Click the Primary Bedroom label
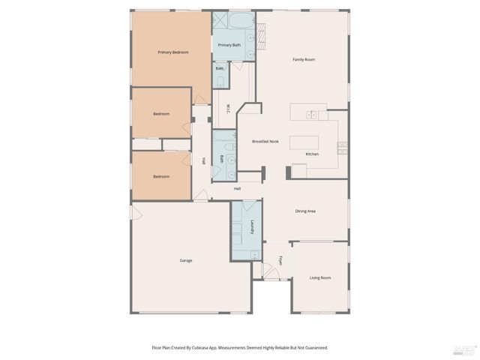[172, 52]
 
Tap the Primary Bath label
[229, 45]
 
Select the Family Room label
[303, 59]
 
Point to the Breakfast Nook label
[265, 141]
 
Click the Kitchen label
[311, 154]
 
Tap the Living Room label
[320, 278]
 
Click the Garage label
[185, 260]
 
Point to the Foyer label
[280, 261]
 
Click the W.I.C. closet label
[226, 110]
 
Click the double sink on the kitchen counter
[310, 115]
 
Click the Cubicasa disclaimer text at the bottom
[239, 347]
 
